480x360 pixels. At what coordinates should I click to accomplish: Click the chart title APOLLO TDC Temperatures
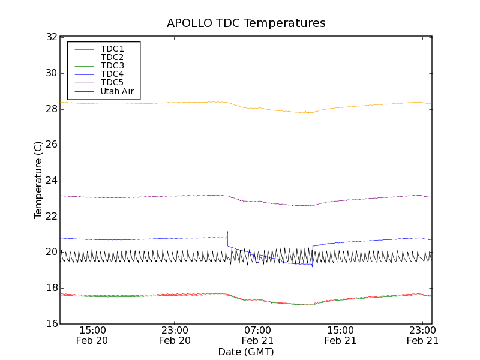pyautogui.click(x=246, y=23)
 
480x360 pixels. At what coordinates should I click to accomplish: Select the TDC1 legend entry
pyautogui.click(x=112, y=49)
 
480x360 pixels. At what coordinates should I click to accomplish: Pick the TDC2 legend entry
pyautogui.click(x=112, y=57)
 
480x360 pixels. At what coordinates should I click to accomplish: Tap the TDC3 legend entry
pyautogui.click(x=112, y=65)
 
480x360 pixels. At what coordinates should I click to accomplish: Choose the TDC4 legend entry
pyautogui.click(x=112, y=74)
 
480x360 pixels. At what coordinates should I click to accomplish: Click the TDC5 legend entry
pyautogui.click(x=112, y=83)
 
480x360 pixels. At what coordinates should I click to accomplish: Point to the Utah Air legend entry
pyautogui.click(x=117, y=92)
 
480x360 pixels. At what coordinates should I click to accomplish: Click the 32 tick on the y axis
pyautogui.click(x=50, y=37)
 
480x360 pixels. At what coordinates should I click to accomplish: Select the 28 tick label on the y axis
pyautogui.click(x=50, y=109)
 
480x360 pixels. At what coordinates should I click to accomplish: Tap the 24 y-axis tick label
pyautogui.click(x=50, y=181)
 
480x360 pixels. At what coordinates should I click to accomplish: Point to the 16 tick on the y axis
pyautogui.click(x=50, y=324)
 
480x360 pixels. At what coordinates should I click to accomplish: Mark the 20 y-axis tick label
pyautogui.click(x=50, y=252)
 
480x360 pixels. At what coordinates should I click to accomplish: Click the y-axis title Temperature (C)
pyautogui.click(x=38, y=180)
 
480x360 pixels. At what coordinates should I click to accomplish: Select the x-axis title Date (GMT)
pyautogui.click(x=246, y=352)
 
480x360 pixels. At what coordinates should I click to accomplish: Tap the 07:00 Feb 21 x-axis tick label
pyautogui.click(x=257, y=335)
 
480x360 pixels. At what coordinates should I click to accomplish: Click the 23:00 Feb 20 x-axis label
pyautogui.click(x=175, y=335)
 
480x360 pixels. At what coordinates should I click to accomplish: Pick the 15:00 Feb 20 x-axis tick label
pyautogui.click(x=92, y=335)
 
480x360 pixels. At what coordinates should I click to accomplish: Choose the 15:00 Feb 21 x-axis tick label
pyautogui.click(x=340, y=335)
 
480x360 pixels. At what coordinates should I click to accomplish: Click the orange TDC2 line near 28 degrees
pyautogui.click(x=150, y=103)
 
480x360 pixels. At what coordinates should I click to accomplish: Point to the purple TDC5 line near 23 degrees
pyautogui.click(x=150, y=196)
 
